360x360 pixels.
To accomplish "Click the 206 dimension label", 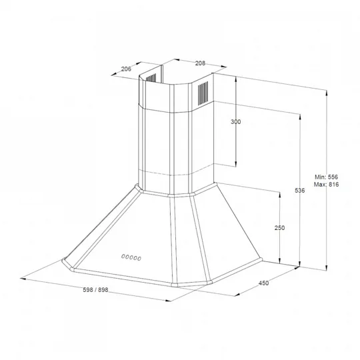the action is (126, 69).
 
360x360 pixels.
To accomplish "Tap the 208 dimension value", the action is (200, 63).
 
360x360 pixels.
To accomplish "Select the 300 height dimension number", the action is (236, 122).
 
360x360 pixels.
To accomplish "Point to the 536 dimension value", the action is (299, 190).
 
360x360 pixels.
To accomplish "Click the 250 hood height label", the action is (279, 228).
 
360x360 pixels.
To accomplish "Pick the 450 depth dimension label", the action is (263, 283).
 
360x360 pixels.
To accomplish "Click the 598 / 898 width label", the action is (95, 290).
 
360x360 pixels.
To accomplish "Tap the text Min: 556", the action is (326, 177).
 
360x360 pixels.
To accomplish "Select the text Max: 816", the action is (326, 185).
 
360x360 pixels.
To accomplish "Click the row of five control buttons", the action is (131, 257).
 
